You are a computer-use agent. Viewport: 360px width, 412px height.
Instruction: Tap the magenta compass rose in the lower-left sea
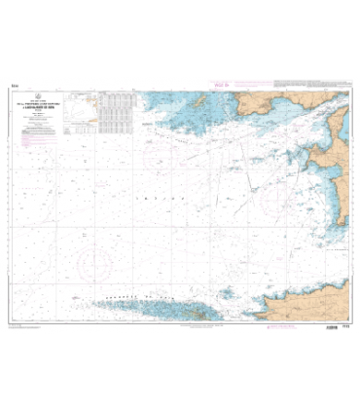[93, 261]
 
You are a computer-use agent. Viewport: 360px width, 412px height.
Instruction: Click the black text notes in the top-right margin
[311, 85]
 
